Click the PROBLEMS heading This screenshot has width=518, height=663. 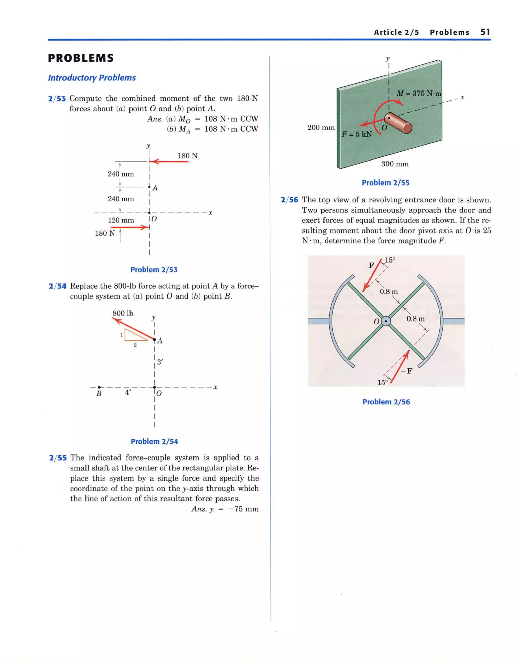click(81, 58)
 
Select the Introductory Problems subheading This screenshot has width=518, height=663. click(92, 78)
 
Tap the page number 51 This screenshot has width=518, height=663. click(485, 32)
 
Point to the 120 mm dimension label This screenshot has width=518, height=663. click(121, 220)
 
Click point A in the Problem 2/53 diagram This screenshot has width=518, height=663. click(149, 187)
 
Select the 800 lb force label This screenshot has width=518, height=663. click(123, 313)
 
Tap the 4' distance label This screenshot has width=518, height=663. click(128, 392)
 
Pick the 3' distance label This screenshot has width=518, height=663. click(160, 362)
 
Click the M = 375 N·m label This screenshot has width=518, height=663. click(419, 94)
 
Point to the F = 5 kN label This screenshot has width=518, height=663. click(357, 134)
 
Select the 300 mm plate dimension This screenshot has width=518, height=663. click(395, 164)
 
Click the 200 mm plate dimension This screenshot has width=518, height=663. click(321, 127)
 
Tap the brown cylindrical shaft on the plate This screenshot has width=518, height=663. click(399, 123)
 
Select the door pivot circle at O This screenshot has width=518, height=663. click(386, 321)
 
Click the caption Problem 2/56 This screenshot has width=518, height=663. click(386, 402)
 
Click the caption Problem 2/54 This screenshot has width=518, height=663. click(154, 441)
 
